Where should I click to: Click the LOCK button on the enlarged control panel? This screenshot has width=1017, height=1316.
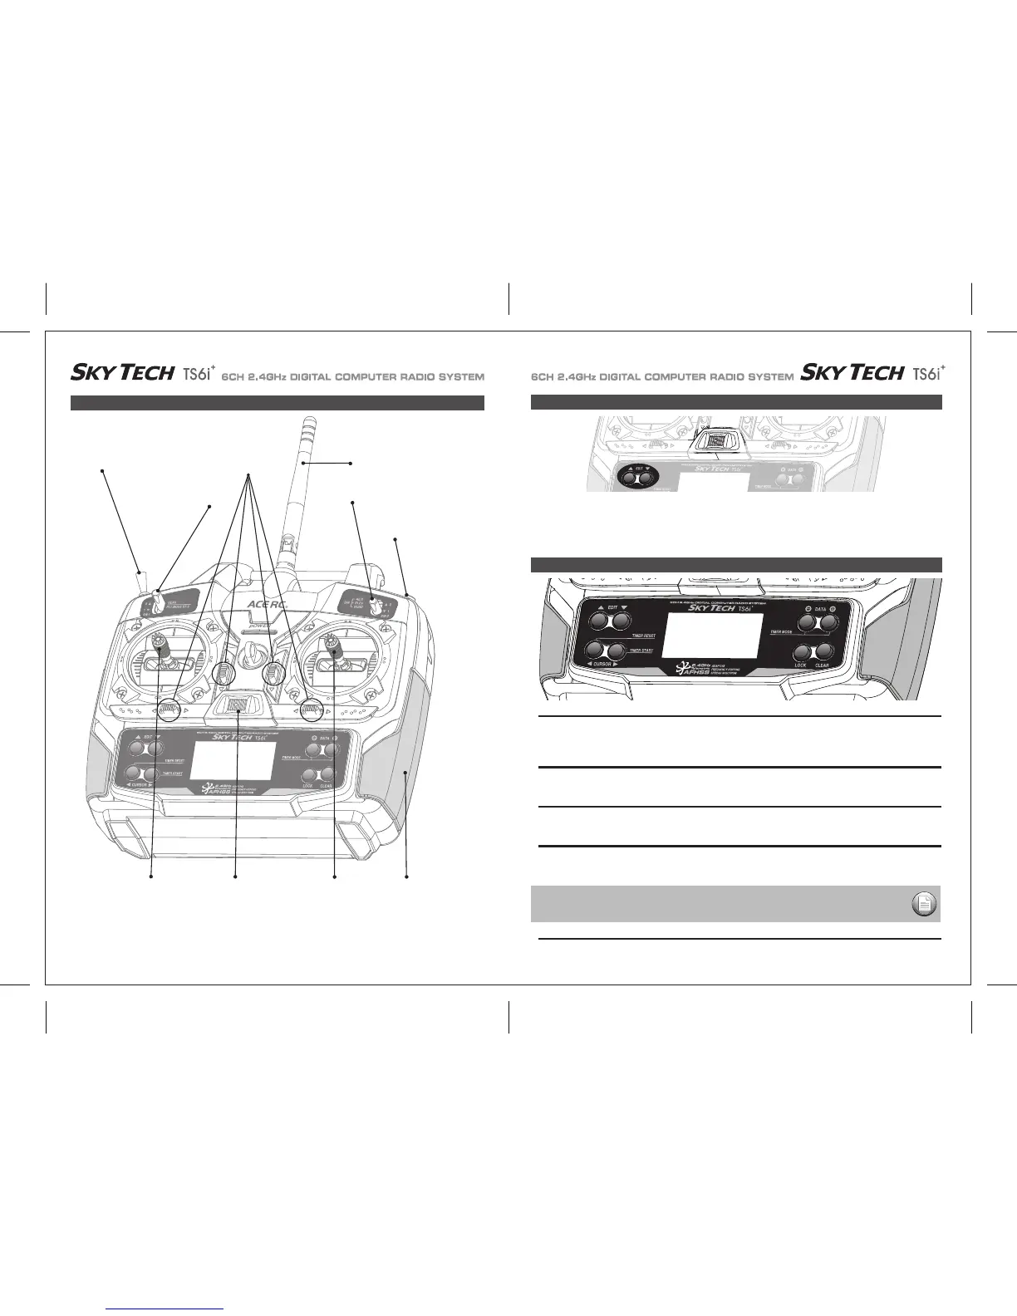pos(803,652)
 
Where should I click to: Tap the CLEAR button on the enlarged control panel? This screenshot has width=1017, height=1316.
pos(823,652)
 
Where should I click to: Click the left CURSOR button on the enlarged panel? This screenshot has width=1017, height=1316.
pos(595,651)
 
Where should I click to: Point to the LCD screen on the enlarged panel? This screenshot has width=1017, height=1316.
pos(715,632)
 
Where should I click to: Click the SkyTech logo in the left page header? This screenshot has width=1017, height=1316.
pos(121,373)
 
